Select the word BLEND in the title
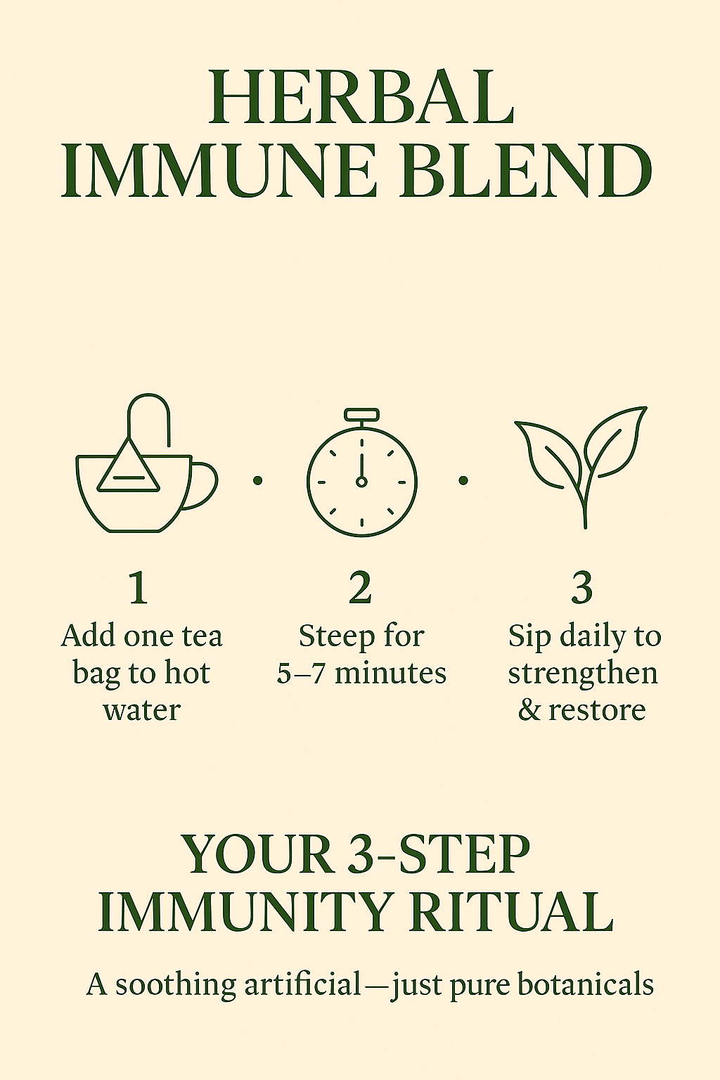526,170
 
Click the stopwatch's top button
361,414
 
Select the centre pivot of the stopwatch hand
361,481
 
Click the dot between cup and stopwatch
258,480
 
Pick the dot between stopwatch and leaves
463,480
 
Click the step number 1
139,588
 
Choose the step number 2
361,588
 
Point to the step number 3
582,588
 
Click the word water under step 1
142,710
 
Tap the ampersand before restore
529,709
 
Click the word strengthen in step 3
583,673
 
